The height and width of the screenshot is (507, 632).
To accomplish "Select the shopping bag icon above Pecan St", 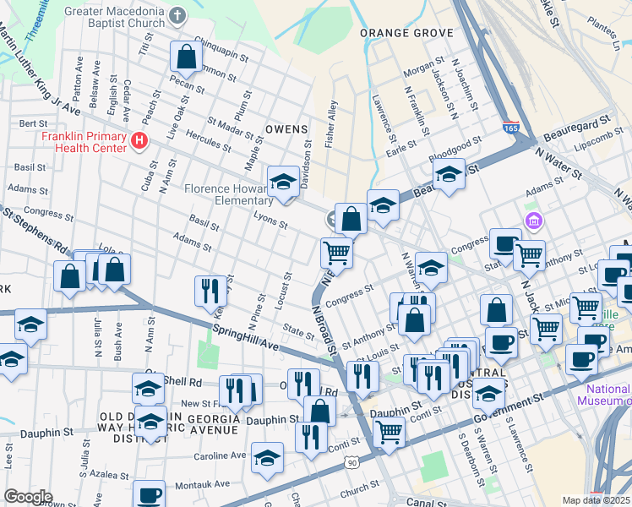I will tap(186, 57).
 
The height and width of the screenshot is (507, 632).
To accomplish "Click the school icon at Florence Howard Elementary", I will tap(283, 182).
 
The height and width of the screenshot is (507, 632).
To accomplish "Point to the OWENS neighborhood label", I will tap(286, 129).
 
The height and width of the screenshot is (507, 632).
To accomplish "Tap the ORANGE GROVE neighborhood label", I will tap(406, 33).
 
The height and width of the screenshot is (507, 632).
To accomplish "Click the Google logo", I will tap(28, 496).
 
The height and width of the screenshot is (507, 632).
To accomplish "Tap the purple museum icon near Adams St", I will tap(533, 222).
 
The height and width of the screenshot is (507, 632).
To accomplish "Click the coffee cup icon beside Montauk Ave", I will tap(150, 495).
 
